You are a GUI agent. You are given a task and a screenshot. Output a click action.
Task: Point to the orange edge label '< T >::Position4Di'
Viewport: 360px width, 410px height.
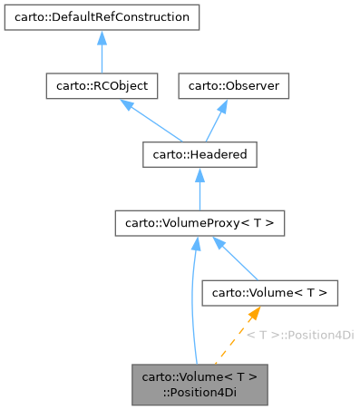point(300,335)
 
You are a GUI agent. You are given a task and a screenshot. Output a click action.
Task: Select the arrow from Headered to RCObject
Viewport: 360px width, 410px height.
point(151,122)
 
